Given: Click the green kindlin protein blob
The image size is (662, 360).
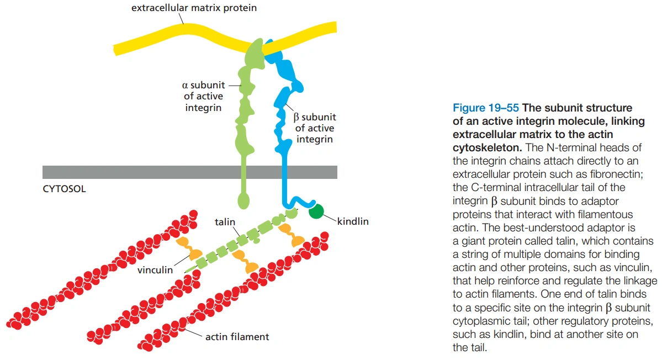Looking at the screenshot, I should (316, 210).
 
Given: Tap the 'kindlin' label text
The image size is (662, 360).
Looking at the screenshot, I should (352, 222).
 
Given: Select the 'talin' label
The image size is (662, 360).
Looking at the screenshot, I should (225, 222).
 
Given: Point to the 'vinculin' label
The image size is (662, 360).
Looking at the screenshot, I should (155, 270).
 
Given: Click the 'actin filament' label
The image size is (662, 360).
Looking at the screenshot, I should (237, 336).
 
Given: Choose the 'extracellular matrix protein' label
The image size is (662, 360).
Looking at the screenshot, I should (194, 8).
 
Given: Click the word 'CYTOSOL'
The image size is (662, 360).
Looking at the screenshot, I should (64, 189).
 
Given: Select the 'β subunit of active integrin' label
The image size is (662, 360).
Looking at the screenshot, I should (315, 128).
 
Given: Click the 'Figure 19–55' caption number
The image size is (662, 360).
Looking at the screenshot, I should (482, 108).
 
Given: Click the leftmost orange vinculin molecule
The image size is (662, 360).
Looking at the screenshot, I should (188, 248).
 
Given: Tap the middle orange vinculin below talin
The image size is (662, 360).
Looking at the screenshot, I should (246, 261).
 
